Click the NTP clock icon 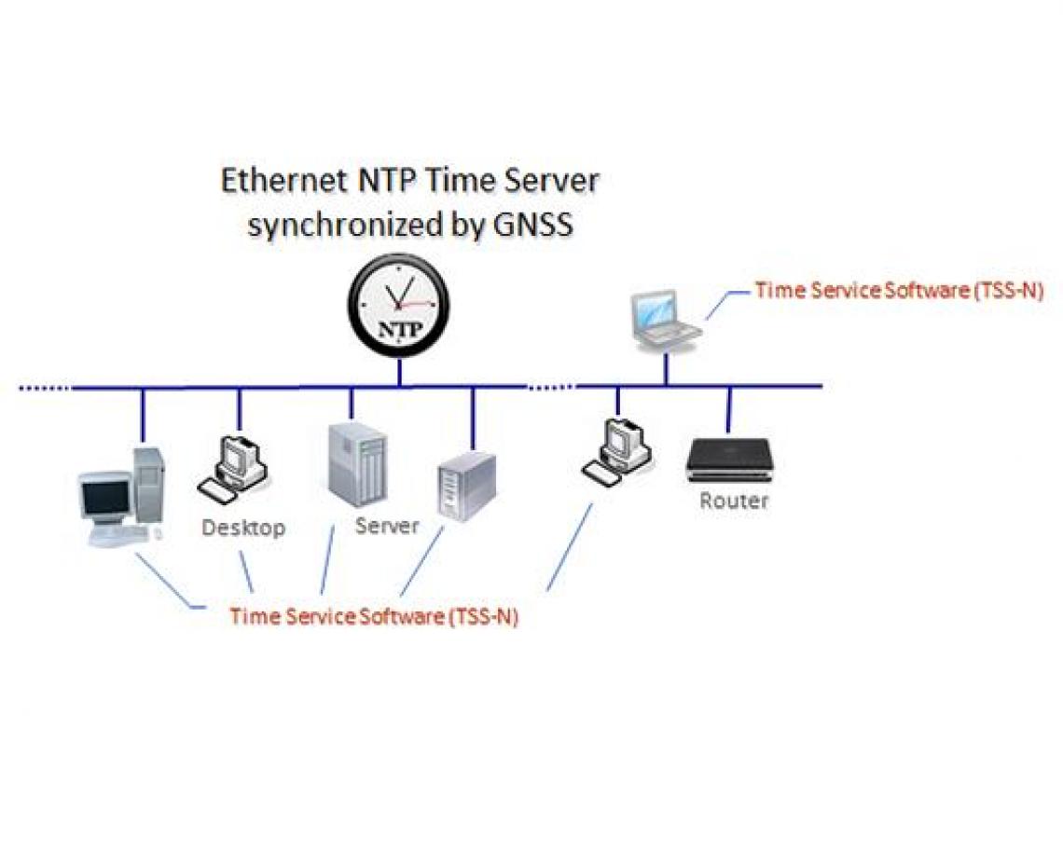(x=398, y=307)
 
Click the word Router (x=734, y=501)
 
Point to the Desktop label (x=243, y=528)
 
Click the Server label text (x=387, y=526)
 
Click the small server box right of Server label (x=466, y=486)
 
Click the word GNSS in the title (x=530, y=227)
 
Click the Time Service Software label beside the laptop (x=898, y=290)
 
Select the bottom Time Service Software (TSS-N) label (x=373, y=616)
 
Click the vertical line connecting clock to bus (x=399, y=372)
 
